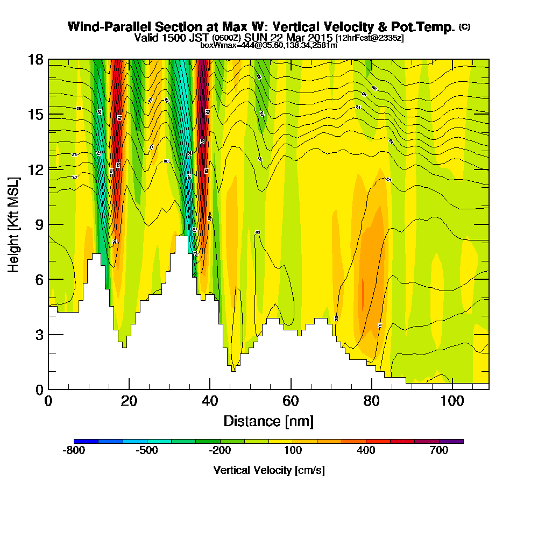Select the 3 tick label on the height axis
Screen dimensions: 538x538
[39, 335]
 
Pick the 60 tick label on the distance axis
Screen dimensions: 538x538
[291, 402]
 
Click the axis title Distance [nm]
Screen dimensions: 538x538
[268, 421]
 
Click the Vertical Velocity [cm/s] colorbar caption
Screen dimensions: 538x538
[268, 470]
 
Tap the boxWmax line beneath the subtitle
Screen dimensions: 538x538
[268, 45]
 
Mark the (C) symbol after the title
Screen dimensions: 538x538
[464, 26]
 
